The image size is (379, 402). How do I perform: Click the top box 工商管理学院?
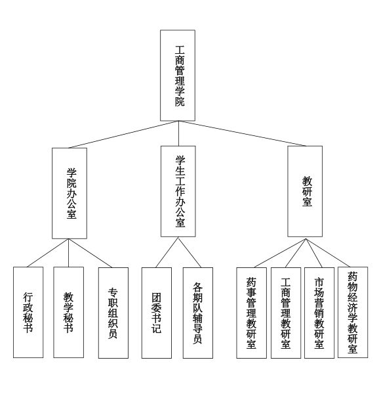pos(178,76)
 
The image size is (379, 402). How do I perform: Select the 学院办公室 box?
pos(70,193)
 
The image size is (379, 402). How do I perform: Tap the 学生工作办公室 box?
pos(178,192)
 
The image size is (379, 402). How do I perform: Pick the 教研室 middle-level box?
pos(305,192)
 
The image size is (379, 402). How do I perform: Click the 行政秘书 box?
pos(28,312)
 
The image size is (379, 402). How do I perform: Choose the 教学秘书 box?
pos(69,312)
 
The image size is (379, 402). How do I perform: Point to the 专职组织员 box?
pos(113,313)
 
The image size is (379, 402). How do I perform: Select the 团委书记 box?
pos(157,313)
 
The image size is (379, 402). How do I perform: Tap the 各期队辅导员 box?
pos(198,313)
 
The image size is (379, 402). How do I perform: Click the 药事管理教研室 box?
pos(252,313)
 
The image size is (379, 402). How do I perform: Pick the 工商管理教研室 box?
pos(286,313)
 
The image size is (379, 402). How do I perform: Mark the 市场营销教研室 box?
pos(319,313)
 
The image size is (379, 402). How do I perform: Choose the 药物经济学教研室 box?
pos(353,312)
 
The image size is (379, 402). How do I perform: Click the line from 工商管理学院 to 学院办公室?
pos(124,135)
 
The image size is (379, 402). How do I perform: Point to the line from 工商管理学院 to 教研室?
pos(242,133)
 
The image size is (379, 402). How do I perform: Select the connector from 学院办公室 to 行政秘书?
pos(48,253)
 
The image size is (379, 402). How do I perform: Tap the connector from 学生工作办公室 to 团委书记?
pos(167,252)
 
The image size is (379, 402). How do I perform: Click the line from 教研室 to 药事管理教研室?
pos(280,253)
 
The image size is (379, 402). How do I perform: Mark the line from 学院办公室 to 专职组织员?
pos(90,253)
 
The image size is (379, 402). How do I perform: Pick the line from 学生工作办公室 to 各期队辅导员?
pos(190,252)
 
